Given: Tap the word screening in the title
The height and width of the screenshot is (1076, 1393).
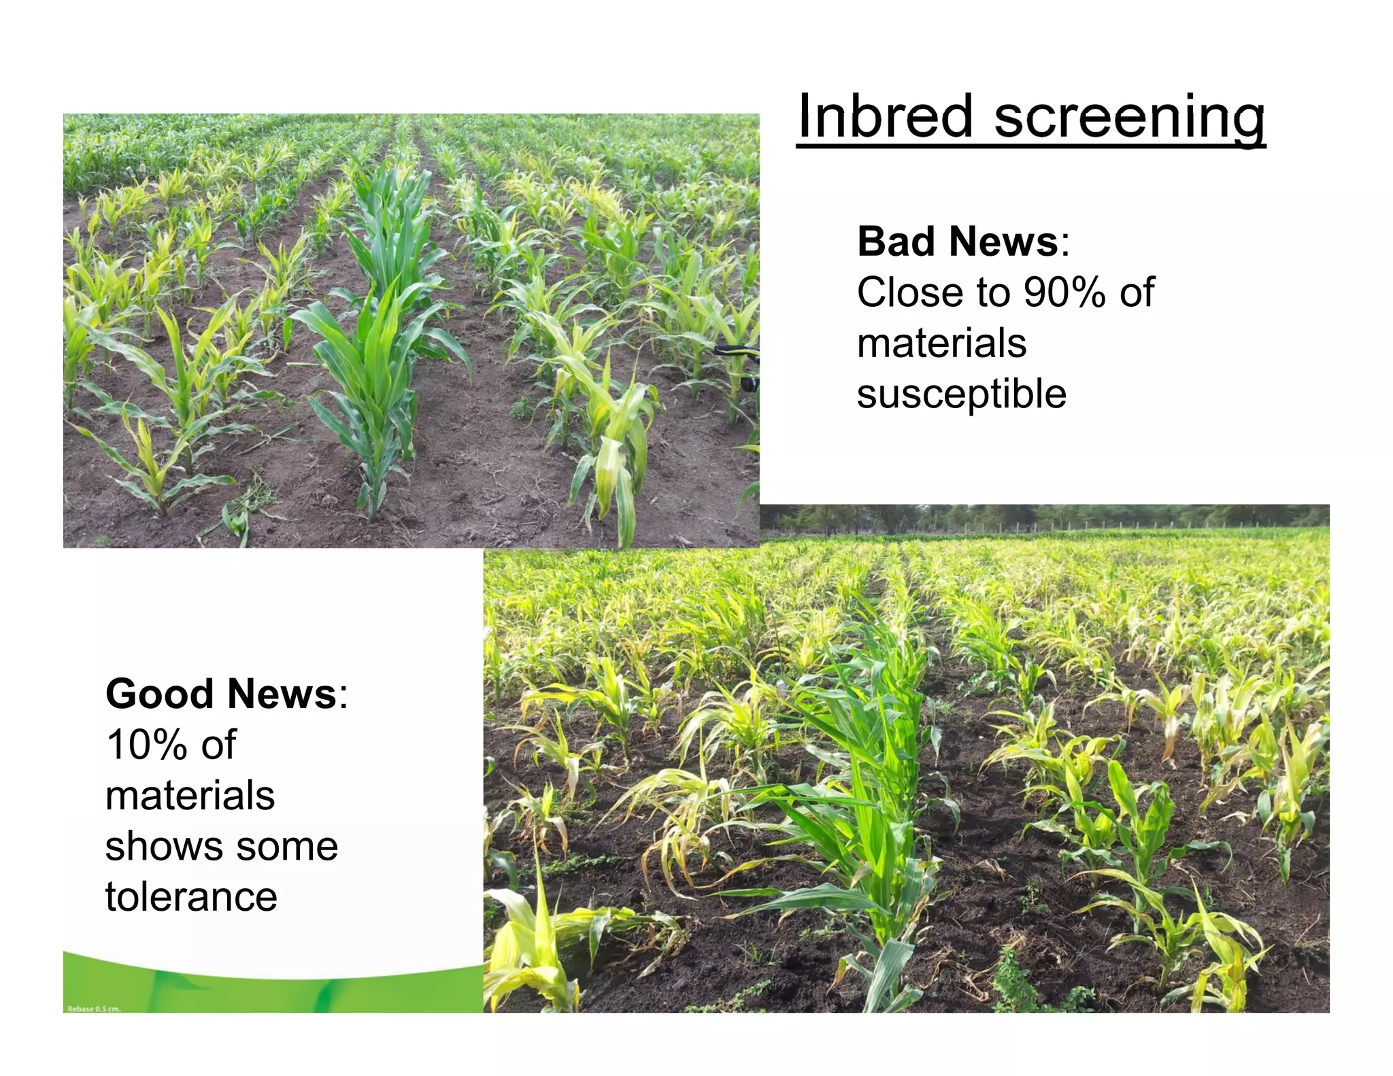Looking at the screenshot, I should click(1129, 117).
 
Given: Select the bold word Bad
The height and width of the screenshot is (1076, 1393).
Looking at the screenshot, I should click(897, 241).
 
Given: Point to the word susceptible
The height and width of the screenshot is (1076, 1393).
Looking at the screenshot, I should click(961, 394).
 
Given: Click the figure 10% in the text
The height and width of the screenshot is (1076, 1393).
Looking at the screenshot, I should click(146, 745).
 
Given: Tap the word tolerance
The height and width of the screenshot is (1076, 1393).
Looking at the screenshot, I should click(191, 896).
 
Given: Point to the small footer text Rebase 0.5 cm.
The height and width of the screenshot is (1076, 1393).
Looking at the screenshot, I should click(94, 1009).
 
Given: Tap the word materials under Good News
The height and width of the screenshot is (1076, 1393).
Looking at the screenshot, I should click(190, 796).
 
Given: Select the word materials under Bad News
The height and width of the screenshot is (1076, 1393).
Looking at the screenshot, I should click(941, 343).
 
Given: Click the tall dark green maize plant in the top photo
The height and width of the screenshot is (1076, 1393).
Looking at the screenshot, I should click(381, 326).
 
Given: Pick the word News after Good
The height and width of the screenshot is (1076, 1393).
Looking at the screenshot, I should click(282, 694).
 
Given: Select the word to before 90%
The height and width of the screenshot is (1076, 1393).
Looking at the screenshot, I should click(992, 292).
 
